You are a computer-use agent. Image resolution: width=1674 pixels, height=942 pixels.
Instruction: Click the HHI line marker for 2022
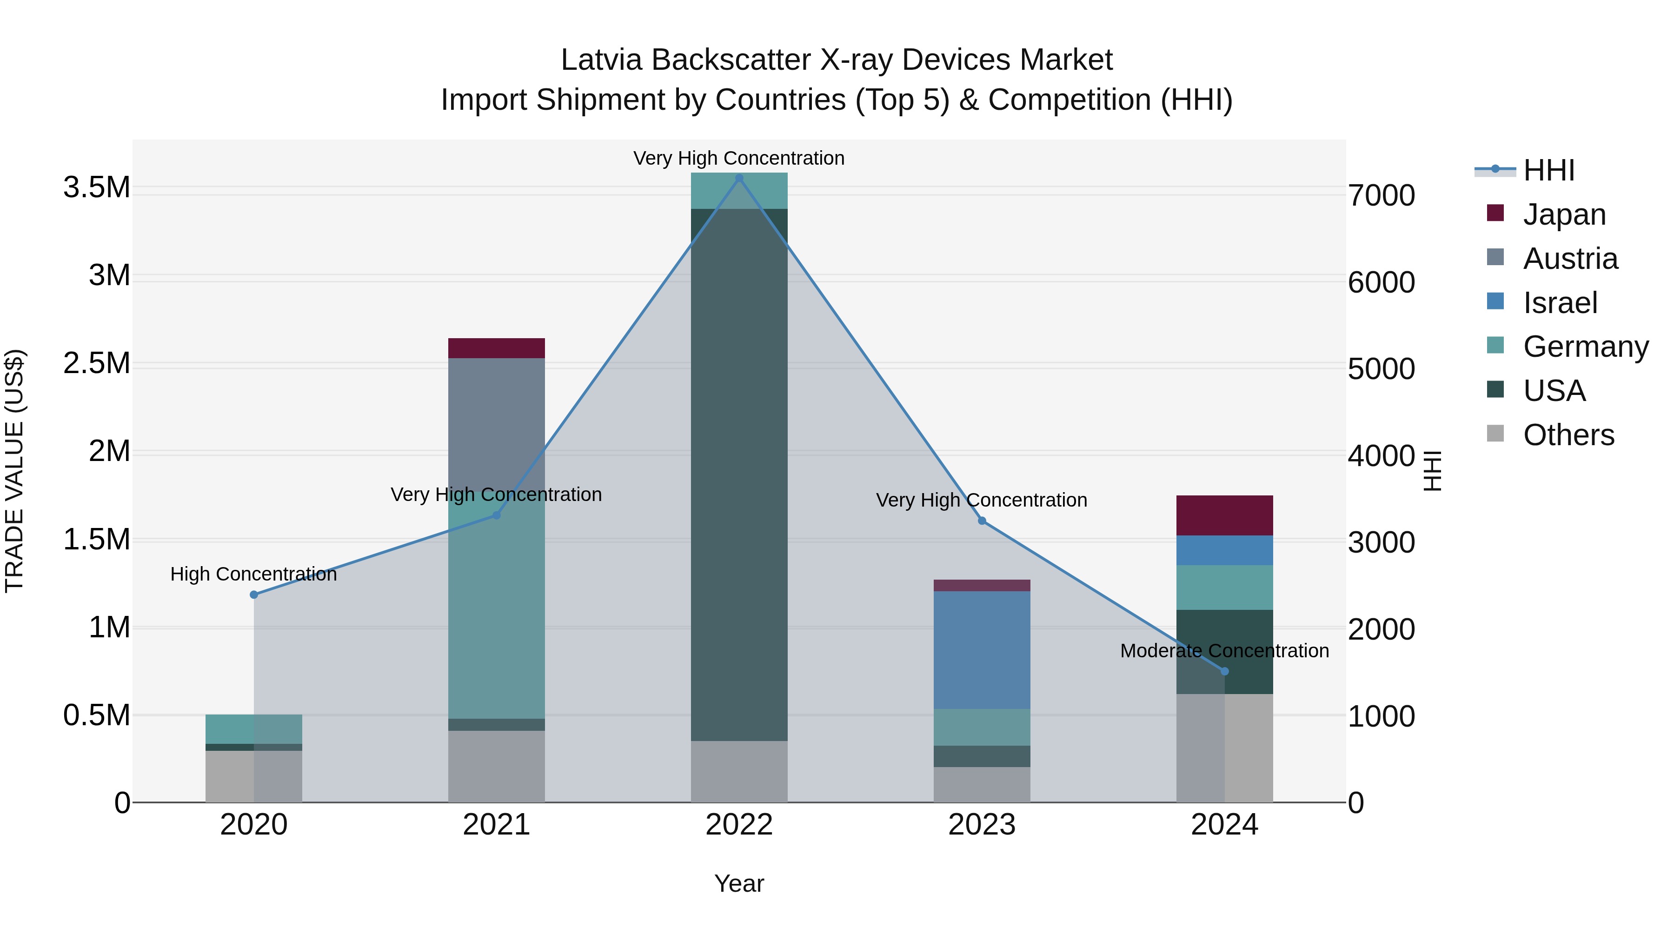pyautogui.click(x=739, y=178)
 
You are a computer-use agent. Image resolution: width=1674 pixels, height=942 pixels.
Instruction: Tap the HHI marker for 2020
pyautogui.click(x=254, y=595)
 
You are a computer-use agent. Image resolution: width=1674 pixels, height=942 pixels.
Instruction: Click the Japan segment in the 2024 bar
pyautogui.click(x=1225, y=515)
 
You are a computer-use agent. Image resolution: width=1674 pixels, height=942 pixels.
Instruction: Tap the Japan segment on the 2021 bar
pyautogui.click(x=497, y=348)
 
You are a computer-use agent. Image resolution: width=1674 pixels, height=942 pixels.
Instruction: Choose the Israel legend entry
pyautogui.click(x=1560, y=303)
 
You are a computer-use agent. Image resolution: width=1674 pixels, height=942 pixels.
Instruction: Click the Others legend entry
pyautogui.click(x=1568, y=435)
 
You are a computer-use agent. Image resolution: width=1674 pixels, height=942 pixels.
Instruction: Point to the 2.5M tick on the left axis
pyautogui.click(x=97, y=363)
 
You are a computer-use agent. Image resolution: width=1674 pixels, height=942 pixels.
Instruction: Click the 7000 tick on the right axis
pyautogui.click(x=1382, y=196)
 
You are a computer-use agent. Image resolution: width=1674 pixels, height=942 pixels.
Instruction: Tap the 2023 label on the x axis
pyautogui.click(x=982, y=825)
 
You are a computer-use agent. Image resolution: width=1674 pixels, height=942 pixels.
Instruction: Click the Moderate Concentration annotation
pyautogui.click(x=1224, y=651)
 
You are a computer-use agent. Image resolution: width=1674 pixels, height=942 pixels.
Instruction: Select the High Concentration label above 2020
pyautogui.click(x=253, y=574)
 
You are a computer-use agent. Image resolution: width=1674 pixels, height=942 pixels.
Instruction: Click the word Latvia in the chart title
pyautogui.click(x=602, y=60)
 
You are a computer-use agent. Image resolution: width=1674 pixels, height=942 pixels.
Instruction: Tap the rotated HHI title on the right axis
pyautogui.click(x=1432, y=471)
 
